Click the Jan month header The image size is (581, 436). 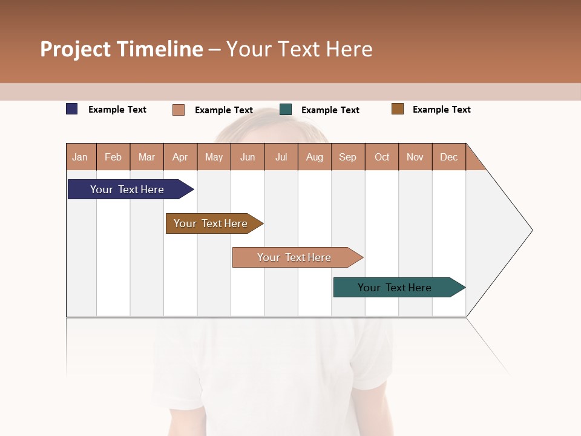click(x=80, y=157)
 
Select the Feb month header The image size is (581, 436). click(x=113, y=157)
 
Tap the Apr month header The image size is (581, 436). click(x=180, y=157)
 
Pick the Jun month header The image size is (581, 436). click(x=248, y=157)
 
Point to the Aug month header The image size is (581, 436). click(x=314, y=157)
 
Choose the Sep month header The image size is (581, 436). click(x=347, y=157)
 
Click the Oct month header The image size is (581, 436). click(x=382, y=157)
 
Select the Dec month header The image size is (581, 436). click(x=448, y=157)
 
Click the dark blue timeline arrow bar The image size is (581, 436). click(x=127, y=190)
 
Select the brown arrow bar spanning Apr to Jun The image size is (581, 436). click(x=211, y=223)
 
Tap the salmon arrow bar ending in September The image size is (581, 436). click(x=294, y=257)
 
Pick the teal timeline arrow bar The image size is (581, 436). click(x=395, y=288)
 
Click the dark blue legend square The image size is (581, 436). click(x=72, y=109)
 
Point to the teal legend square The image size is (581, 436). click(x=286, y=110)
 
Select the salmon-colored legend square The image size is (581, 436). click(x=179, y=110)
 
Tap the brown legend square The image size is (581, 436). click(x=398, y=109)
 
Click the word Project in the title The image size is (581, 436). click(x=75, y=49)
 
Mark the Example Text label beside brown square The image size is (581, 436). click(x=441, y=110)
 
